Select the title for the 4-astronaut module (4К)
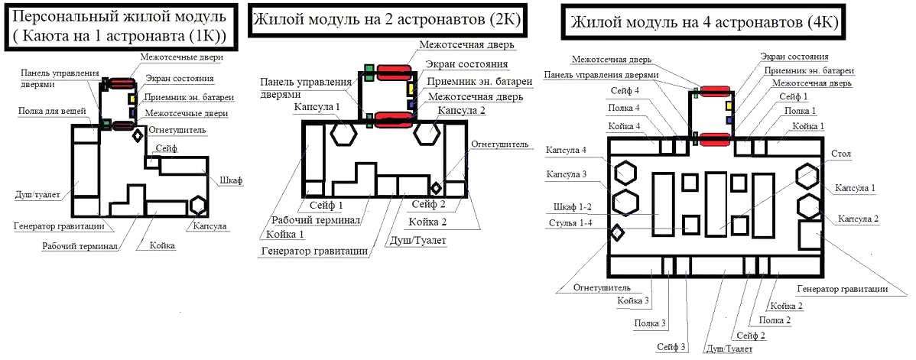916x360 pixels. (x=703, y=23)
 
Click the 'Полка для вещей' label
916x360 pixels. (x=53, y=112)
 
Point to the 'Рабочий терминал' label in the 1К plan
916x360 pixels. (x=80, y=246)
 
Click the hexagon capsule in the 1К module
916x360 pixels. (x=200, y=205)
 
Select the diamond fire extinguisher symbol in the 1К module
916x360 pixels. (x=138, y=136)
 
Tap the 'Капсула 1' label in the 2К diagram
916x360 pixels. (x=316, y=108)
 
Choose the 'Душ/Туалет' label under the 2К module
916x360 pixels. (x=420, y=240)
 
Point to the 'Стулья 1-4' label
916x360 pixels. (x=574, y=224)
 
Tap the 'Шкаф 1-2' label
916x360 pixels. (x=573, y=206)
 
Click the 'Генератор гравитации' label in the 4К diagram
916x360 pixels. (x=842, y=289)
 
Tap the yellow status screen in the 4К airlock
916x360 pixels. (x=729, y=105)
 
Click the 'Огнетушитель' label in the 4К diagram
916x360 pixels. (x=603, y=287)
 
